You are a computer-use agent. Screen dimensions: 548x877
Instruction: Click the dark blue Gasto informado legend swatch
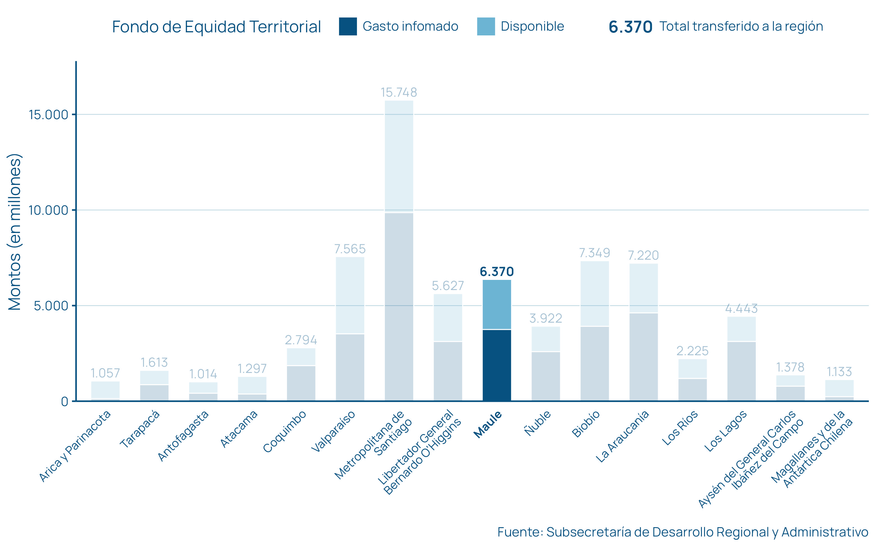click(347, 26)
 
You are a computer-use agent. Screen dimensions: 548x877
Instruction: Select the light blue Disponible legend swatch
click(486, 26)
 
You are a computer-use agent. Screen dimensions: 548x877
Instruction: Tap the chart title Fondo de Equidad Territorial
click(216, 27)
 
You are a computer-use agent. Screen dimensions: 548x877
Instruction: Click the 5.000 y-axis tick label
click(51, 306)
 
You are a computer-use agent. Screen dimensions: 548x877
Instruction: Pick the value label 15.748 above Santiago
click(399, 93)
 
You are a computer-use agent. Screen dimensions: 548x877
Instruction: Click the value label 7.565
click(350, 249)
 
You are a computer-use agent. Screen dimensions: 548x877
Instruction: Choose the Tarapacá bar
click(154, 386)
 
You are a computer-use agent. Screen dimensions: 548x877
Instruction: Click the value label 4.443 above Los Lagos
click(741, 309)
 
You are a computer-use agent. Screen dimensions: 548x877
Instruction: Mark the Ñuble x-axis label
click(538, 423)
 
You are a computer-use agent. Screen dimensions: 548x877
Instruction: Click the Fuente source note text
click(682, 532)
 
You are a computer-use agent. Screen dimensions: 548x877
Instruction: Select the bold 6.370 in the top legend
click(630, 27)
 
